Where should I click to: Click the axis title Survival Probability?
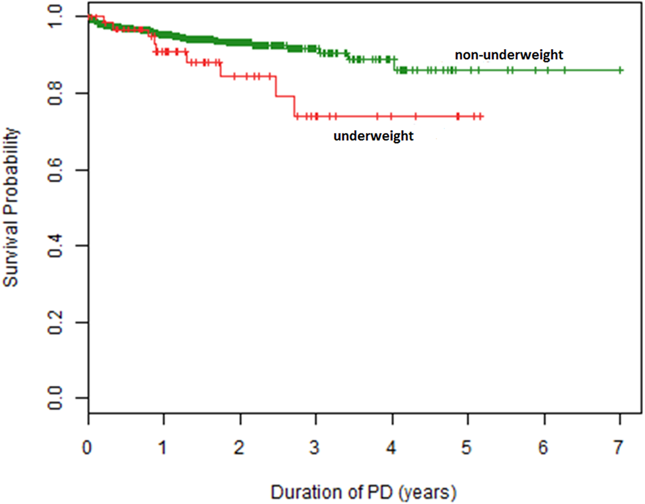(12, 208)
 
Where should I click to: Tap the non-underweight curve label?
(510, 55)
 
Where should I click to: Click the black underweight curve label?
(373, 136)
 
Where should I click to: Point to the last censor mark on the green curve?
(620, 70)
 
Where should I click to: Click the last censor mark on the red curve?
(481, 116)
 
